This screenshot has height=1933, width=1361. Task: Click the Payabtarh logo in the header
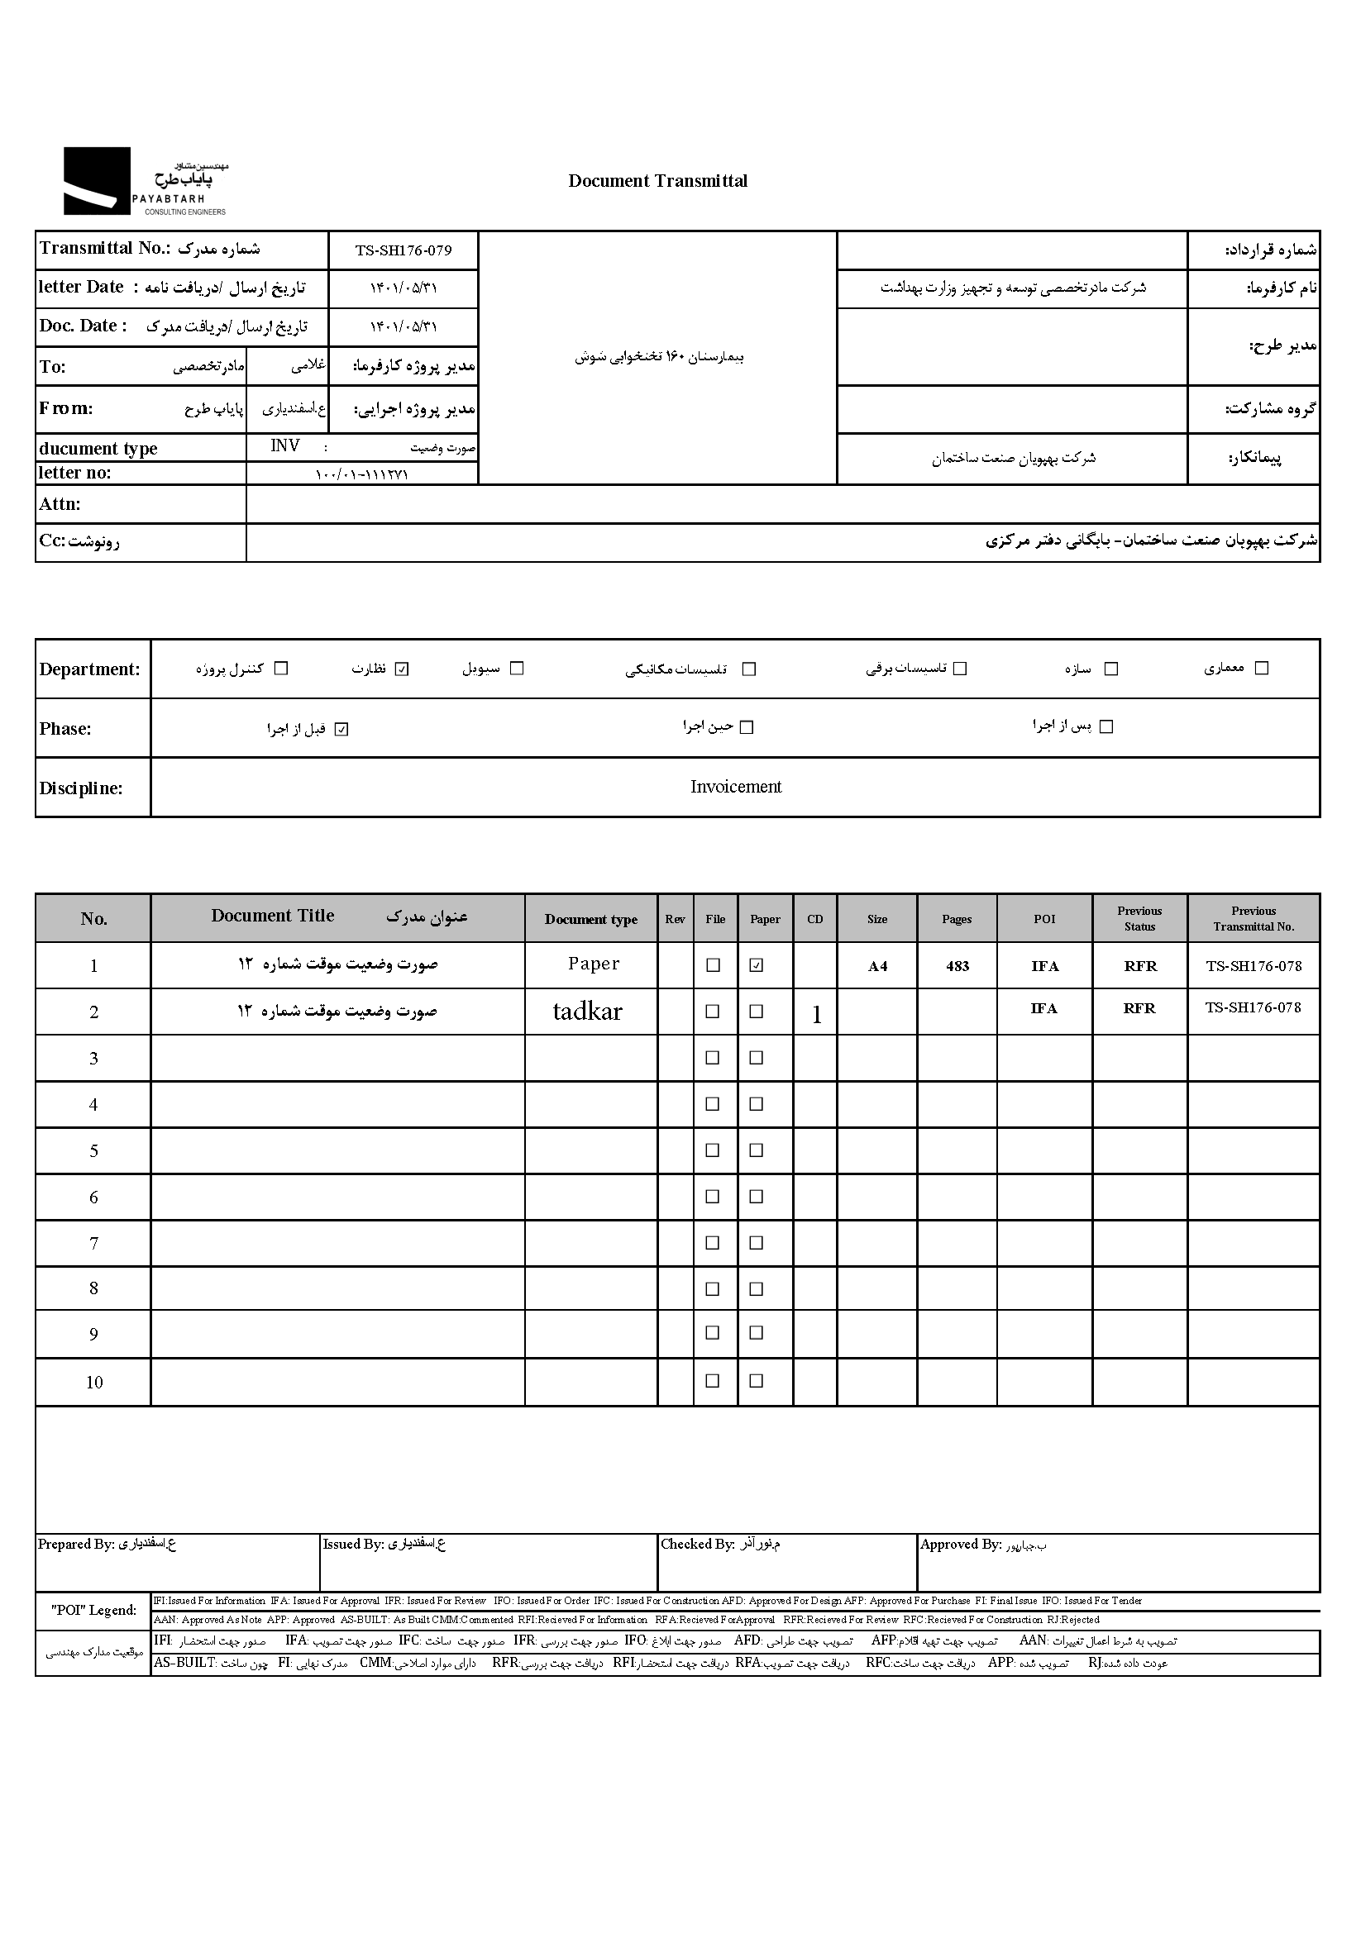pyautogui.click(x=144, y=181)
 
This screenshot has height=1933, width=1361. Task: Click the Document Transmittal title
pyautogui.click(x=657, y=181)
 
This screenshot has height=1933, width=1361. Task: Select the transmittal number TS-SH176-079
pyautogui.click(x=403, y=250)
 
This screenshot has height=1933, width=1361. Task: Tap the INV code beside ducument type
pyautogui.click(x=284, y=446)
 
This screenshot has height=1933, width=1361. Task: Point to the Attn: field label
pyautogui.click(x=60, y=504)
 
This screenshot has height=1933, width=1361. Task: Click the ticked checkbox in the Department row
pyautogui.click(x=402, y=669)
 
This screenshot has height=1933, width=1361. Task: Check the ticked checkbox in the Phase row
pyautogui.click(x=341, y=729)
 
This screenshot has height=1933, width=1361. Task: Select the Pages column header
pyautogui.click(x=956, y=918)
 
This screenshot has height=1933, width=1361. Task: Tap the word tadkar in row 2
pyautogui.click(x=587, y=1012)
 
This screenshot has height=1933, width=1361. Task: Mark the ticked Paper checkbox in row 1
pyautogui.click(x=757, y=965)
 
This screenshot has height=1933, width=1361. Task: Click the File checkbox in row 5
pyautogui.click(x=713, y=1150)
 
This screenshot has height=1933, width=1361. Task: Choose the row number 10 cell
pyautogui.click(x=93, y=1383)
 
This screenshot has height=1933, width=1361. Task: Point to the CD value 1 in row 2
pyautogui.click(x=815, y=1016)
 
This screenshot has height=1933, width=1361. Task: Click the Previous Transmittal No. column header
pyautogui.click(x=1254, y=918)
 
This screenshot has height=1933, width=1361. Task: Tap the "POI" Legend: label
pyautogui.click(x=93, y=1611)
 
